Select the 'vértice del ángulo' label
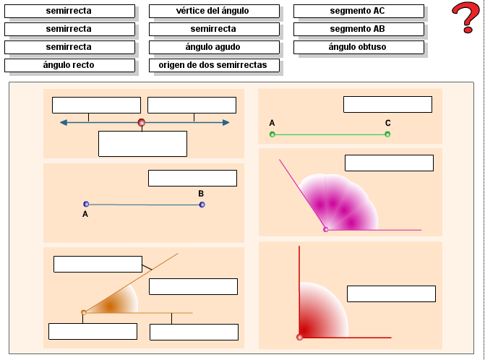[x=214, y=12]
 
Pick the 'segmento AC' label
[x=359, y=12]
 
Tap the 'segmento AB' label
[x=359, y=29]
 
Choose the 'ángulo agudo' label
[x=214, y=47]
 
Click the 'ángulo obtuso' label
[x=359, y=47]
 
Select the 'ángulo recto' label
[x=69, y=65]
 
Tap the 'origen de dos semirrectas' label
[x=214, y=65]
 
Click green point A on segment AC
[x=272, y=134]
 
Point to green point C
[x=387, y=134]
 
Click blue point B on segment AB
[x=202, y=205]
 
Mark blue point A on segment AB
[x=86, y=205]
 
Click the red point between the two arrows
[x=142, y=123]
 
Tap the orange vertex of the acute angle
[x=84, y=312]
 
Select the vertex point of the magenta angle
[x=326, y=229]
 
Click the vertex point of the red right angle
[x=300, y=337]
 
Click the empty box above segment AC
[x=387, y=104]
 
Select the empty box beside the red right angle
[x=391, y=293]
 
